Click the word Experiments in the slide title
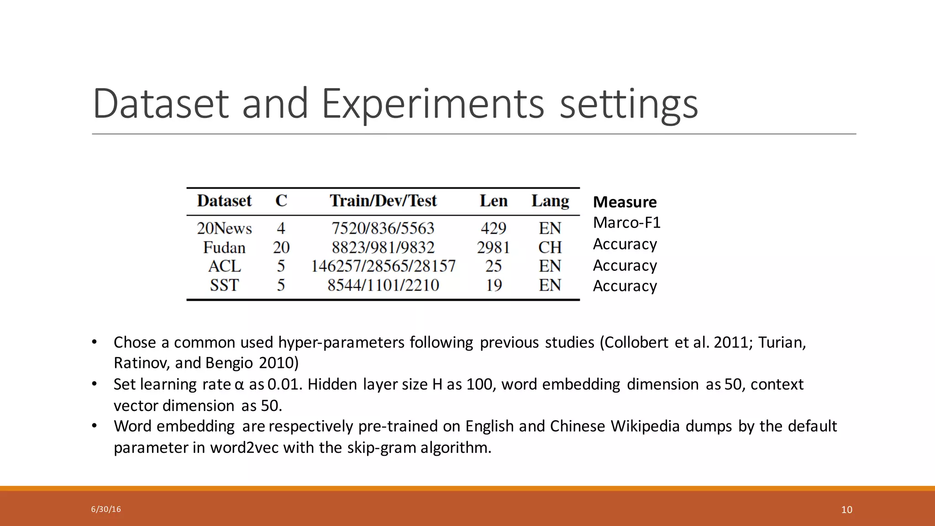point(433,104)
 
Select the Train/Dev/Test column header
point(383,201)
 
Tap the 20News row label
point(224,228)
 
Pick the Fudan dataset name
point(224,247)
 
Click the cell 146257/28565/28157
point(383,266)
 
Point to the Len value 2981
point(493,247)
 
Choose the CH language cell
point(550,247)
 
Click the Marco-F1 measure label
point(626,223)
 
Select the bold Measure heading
point(625,202)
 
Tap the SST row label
point(224,285)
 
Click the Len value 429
point(493,228)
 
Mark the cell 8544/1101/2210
point(383,285)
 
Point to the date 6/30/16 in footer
point(106,509)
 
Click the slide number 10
point(846,510)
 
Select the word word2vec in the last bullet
point(244,447)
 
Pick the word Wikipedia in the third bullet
point(646,426)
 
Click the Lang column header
point(550,201)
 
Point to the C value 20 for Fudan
point(281,247)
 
